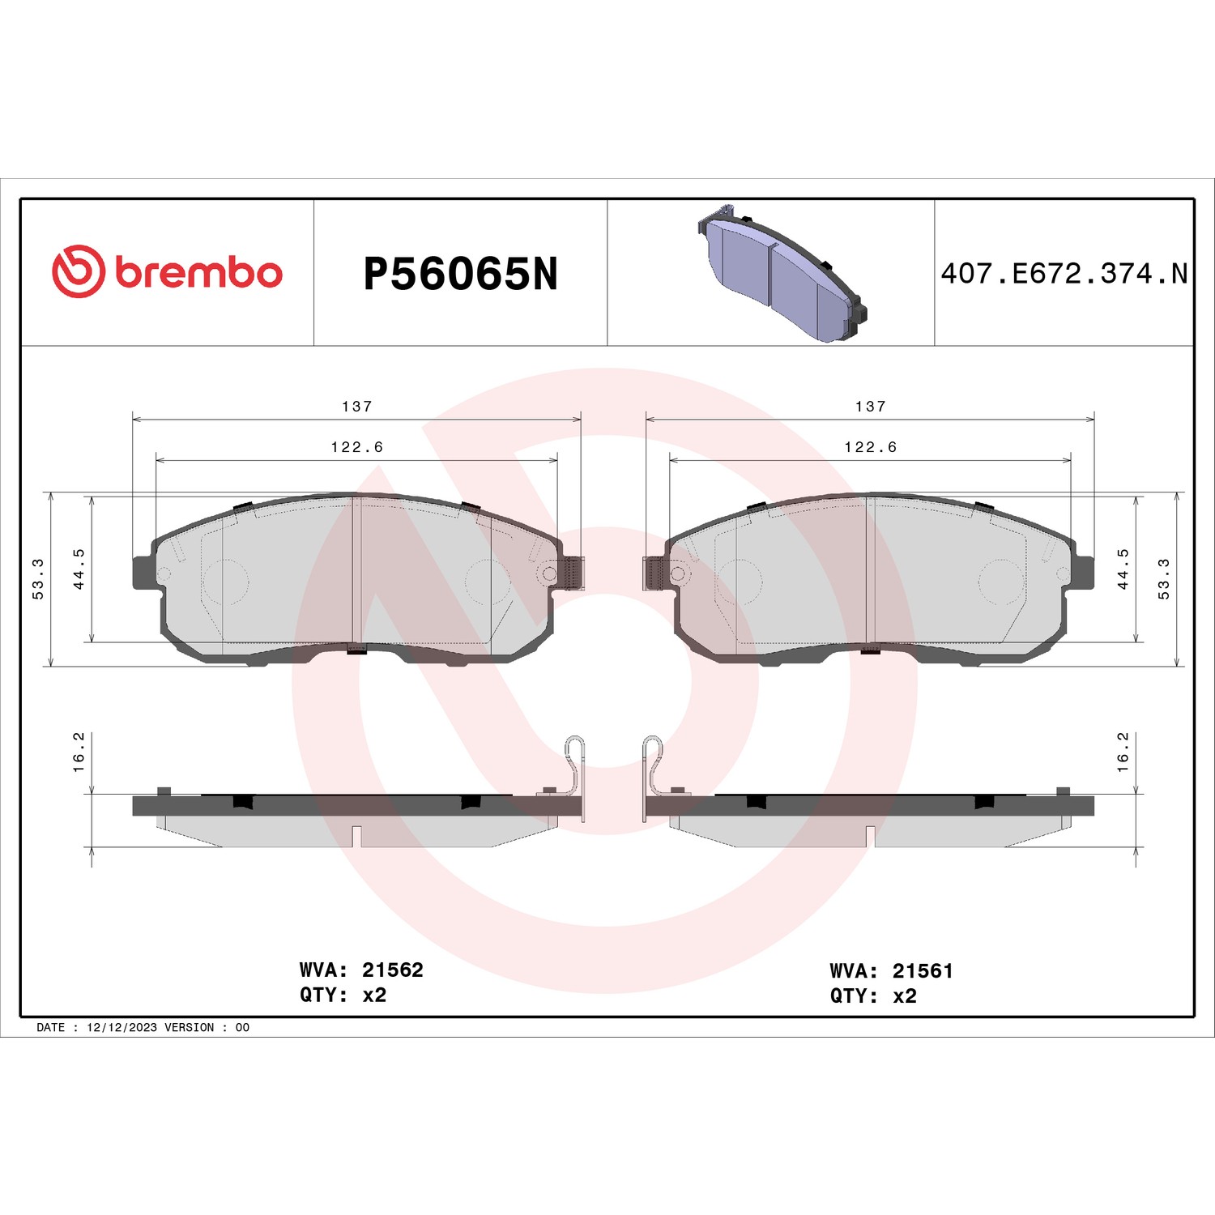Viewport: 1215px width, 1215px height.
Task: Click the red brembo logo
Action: pyautogui.click(x=167, y=271)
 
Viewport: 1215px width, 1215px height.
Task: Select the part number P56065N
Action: pyautogui.click(x=461, y=274)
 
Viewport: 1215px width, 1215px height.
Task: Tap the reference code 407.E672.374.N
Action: pyautogui.click(x=1064, y=274)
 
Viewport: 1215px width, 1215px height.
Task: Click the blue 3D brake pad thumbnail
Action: pyautogui.click(x=782, y=272)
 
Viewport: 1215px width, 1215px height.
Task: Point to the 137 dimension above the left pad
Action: pyautogui.click(x=357, y=406)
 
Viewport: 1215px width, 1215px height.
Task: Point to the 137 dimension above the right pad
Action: pyautogui.click(x=871, y=406)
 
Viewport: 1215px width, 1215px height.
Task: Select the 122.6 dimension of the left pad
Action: pyautogui.click(x=357, y=446)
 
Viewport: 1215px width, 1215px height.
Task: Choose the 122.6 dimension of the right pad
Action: pyautogui.click(x=871, y=446)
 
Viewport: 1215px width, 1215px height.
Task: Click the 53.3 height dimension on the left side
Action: pyautogui.click(x=38, y=578)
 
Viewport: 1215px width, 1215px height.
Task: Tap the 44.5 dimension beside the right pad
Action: pyautogui.click(x=1123, y=569)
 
